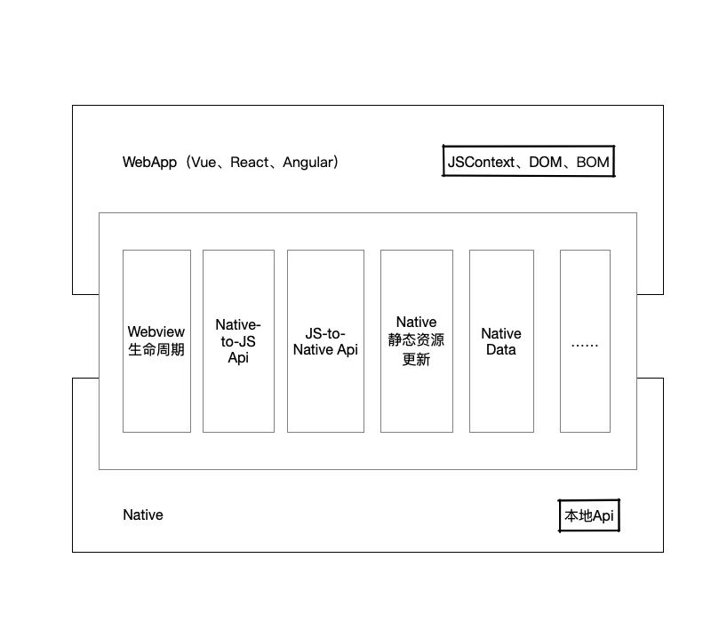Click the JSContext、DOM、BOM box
coord(529,162)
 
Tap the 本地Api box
coord(588,515)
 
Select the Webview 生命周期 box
coord(156,341)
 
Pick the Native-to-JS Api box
coord(238,341)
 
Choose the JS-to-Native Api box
coord(325,341)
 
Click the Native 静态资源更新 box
coord(417,341)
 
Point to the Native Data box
coord(501,341)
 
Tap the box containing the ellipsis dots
coord(585,341)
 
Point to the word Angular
coord(307,163)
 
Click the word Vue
coord(204,163)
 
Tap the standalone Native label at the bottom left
coord(143,514)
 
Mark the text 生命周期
coord(156,349)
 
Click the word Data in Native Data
coord(501,349)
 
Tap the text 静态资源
coord(417,341)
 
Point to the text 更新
coord(417,360)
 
